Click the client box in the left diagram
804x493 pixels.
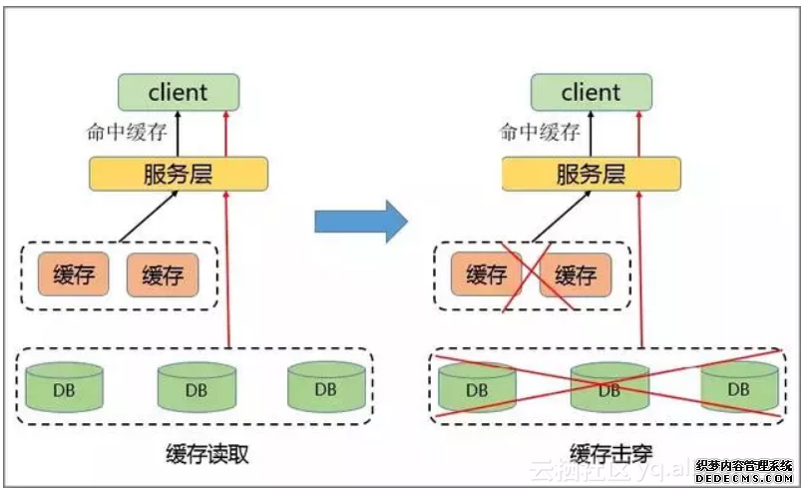pos(179,93)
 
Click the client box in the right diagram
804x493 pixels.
pos(591,93)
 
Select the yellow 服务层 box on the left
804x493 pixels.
pos(179,174)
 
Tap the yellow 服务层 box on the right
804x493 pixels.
pos(591,174)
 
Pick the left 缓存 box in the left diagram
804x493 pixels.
pos(73,275)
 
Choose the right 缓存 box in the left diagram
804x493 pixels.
pos(163,275)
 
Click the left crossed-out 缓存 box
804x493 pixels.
pos(486,275)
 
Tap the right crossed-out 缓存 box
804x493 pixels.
pos(576,275)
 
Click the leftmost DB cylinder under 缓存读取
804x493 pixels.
pos(66,387)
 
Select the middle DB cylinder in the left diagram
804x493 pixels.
pos(196,387)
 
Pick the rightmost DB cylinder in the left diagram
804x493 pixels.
pos(326,387)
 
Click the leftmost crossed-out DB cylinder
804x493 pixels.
pos(477,387)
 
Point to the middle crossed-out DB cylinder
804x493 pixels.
pos(607,387)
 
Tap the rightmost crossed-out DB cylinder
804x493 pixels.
pos(738,387)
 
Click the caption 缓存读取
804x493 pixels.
pos(207,455)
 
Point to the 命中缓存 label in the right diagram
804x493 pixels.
pos(539,131)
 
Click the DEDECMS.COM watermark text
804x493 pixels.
pos(750,480)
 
